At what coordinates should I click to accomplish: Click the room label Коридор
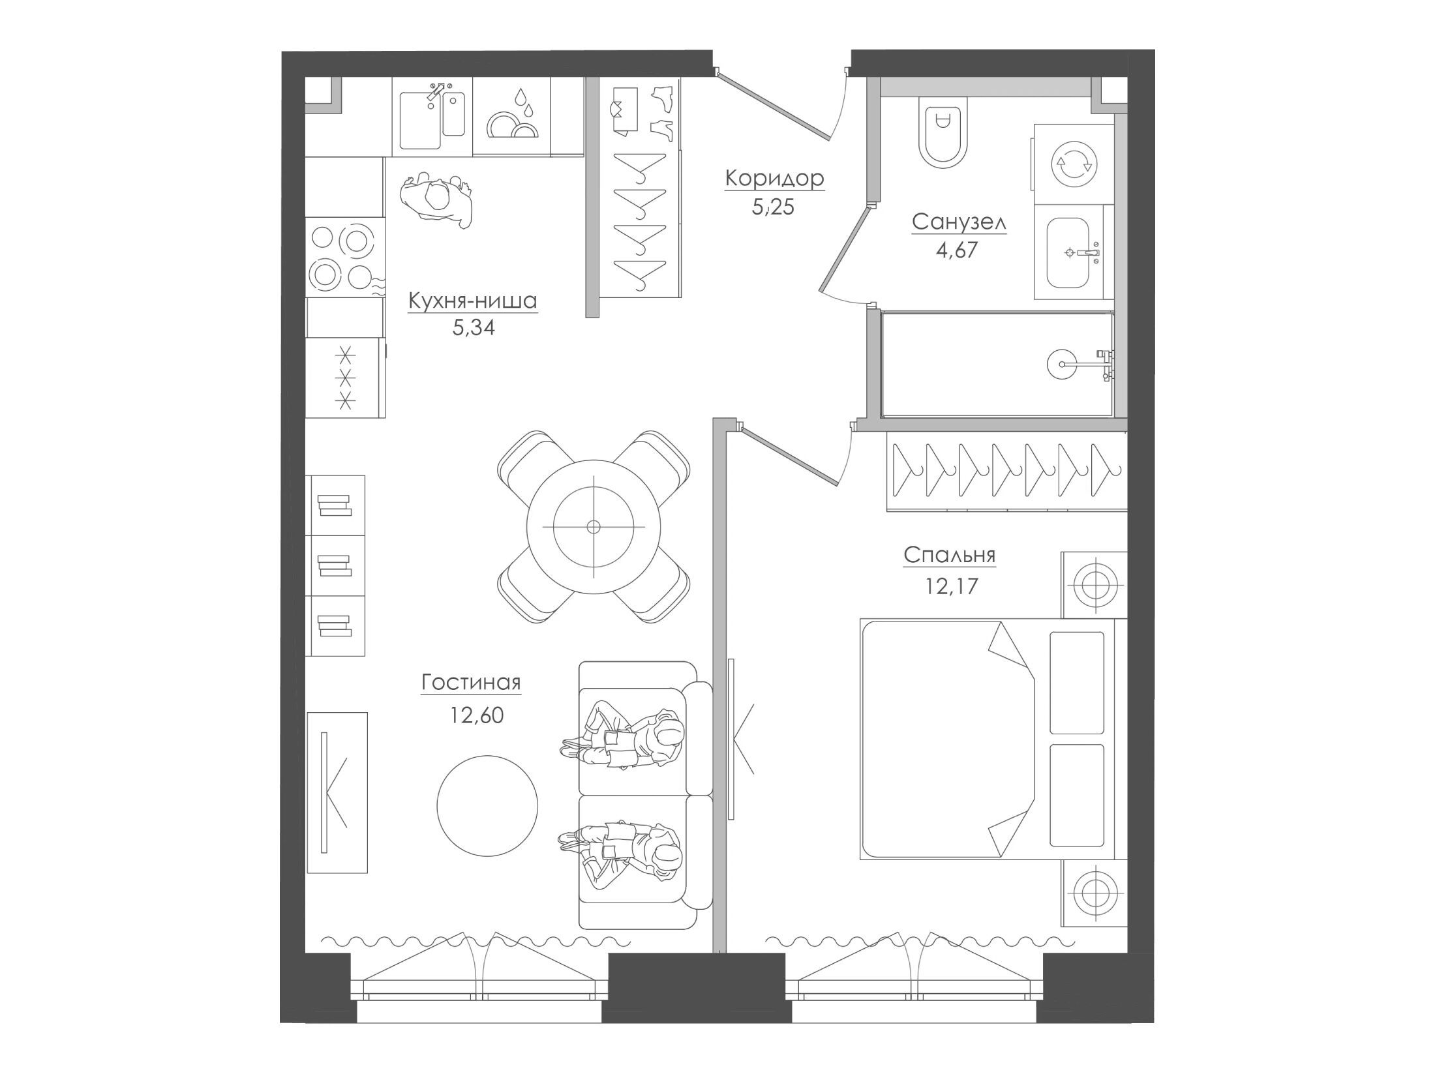coord(775,178)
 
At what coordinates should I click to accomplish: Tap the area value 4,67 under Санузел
coord(957,250)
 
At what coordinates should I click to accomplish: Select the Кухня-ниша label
coord(472,301)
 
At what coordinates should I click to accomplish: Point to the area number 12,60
coord(476,716)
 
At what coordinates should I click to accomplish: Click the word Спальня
coord(949,555)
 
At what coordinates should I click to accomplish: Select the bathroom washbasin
coord(1069,252)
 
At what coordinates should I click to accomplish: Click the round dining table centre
coord(593,526)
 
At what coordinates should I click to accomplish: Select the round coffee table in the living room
coord(487,805)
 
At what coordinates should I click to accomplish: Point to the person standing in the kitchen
coord(435,200)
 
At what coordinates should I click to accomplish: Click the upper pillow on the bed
coord(1077,682)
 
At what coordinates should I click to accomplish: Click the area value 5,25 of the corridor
coord(774,208)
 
